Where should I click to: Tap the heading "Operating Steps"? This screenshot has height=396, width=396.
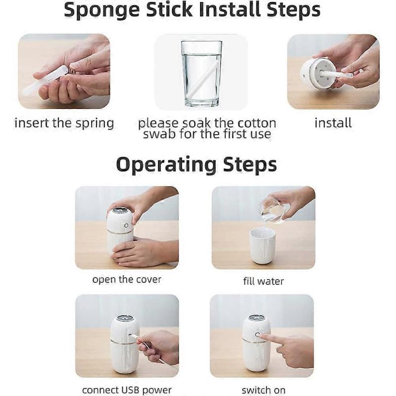(196, 164)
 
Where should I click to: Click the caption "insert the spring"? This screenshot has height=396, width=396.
(64, 123)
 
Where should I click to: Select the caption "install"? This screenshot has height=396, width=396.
(333, 123)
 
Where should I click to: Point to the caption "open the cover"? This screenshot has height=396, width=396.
(127, 280)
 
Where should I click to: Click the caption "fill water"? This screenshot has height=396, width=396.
(263, 282)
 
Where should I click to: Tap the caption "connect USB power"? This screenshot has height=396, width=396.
(127, 390)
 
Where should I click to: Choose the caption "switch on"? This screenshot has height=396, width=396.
(263, 390)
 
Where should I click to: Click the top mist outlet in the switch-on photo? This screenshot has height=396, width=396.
(256, 318)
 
